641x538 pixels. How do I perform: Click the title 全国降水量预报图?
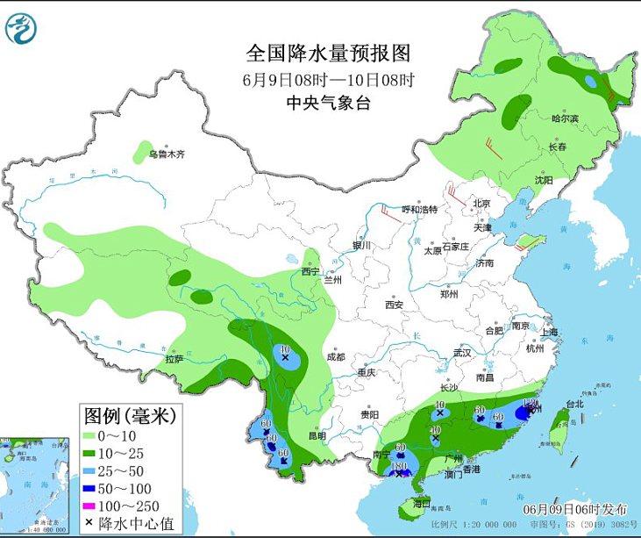pos(328,54)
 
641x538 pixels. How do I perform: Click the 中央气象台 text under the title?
pos(328,103)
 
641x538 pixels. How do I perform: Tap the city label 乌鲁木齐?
pos(167,155)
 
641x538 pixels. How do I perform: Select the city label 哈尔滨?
pos(565,118)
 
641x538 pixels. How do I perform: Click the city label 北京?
pos(481,204)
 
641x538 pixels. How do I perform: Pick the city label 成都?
pos(335,357)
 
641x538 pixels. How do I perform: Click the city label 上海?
pos(550,332)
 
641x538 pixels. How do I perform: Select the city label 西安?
pos(393,305)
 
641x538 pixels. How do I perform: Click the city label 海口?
pos(421,504)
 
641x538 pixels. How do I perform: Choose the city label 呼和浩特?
pos(418,210)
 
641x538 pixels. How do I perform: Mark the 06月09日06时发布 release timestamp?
pos(576,509)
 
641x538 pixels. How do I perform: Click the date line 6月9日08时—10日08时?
pos(328,79)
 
